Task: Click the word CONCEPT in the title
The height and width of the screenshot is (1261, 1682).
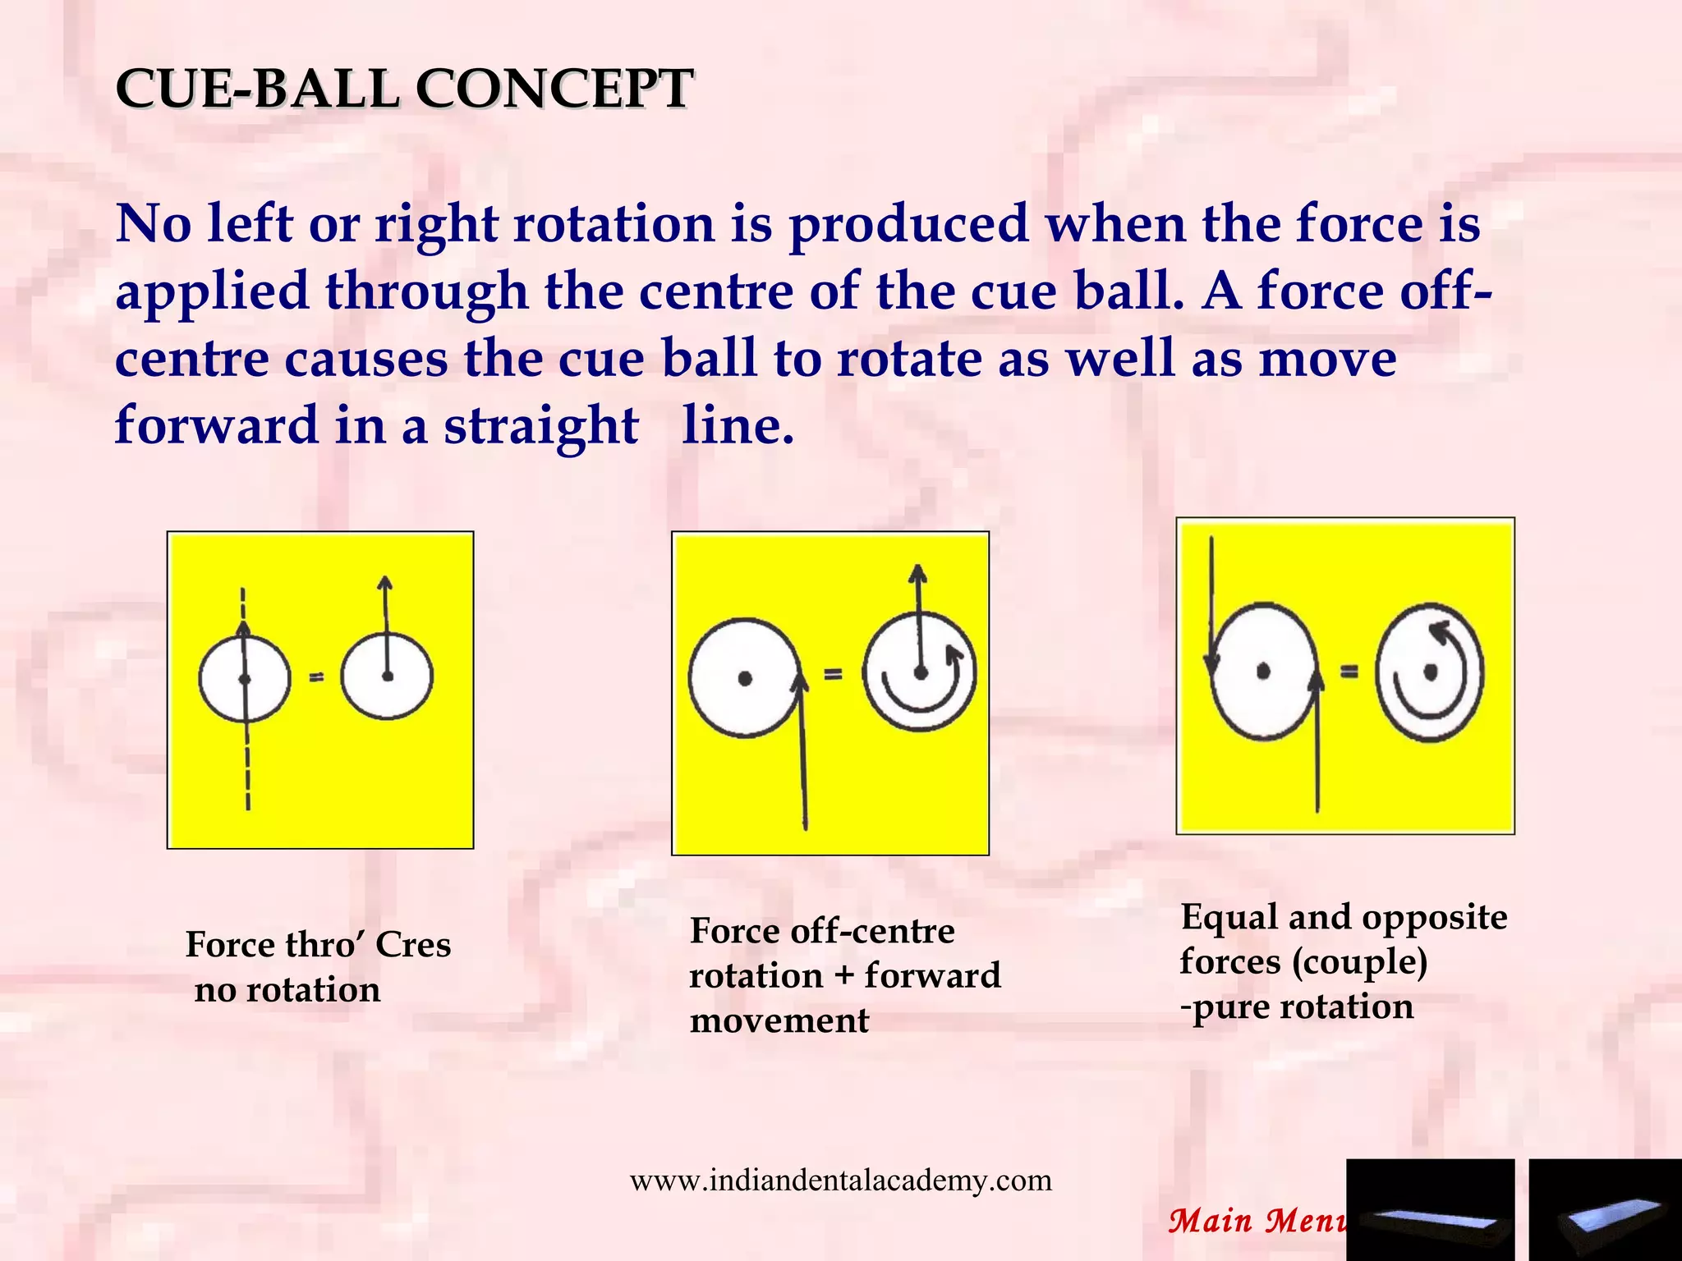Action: [x=554, y=89]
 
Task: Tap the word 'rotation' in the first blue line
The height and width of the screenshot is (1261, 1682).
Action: [x=614, y=223]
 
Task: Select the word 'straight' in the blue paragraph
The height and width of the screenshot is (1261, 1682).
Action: [x=540, y=426]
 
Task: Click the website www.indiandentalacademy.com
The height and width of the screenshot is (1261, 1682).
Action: [x=840, y=1181]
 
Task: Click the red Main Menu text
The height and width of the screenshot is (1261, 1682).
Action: [x=1257, y=1221]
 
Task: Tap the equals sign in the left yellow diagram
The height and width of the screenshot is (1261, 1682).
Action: [x=316, y=677]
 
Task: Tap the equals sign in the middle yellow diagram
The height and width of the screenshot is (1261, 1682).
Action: [x=833, y=675]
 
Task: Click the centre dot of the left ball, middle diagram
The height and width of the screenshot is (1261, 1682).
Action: [x=744, y=678]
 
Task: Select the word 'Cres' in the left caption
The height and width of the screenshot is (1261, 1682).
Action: [x=413, y=945]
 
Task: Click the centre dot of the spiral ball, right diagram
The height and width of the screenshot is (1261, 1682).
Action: [x=1430, y=672]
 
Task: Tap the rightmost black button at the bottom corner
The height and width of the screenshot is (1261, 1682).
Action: [x=1605, y=1209]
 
